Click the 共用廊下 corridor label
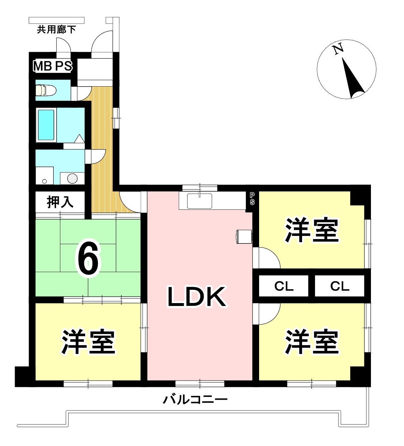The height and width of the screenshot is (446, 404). click(57, 30)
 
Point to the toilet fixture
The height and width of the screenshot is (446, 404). click(46, 90)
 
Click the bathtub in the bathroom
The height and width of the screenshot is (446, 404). click(46, 125)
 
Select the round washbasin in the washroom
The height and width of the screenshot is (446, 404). click(72, 178)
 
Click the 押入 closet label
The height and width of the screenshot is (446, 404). click(60, 202)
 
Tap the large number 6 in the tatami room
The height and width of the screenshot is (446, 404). click(88, 258)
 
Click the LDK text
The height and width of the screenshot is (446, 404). click(197, 297)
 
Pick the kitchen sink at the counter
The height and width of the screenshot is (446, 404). click(199, 201)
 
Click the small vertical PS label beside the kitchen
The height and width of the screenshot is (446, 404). click(252, 198)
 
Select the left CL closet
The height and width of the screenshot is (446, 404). click(284, 286)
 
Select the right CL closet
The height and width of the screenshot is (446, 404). click(340, 286)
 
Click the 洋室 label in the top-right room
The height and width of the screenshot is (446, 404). click(312, 230)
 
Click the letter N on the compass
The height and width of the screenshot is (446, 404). click(338, 50)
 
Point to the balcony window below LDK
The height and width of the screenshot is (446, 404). click(200, 384)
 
